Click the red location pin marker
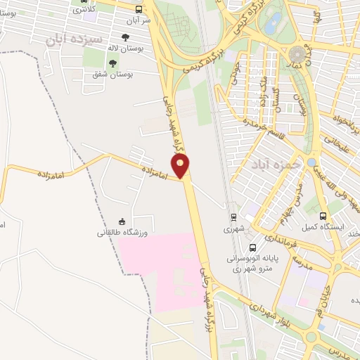click(181, 167)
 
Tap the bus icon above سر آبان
click(139, 10)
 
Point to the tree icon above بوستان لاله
click(126, 38)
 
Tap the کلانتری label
click(85, 10)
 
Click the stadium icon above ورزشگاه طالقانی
click(122, 221)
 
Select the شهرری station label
click(232, 229)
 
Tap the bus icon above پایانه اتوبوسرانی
click(252, 247)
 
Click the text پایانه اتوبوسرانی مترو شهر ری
click(252, 263)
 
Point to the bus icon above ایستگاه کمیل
click(323, 216)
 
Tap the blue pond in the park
click(274, 18)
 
